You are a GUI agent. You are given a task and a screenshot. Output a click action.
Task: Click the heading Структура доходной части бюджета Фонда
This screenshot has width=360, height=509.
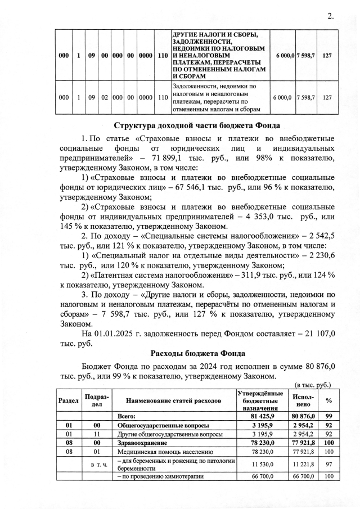197,125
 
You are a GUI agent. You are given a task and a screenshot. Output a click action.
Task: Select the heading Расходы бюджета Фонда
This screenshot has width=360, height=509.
197,354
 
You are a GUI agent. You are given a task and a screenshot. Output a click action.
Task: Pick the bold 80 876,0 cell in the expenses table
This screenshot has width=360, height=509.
302,416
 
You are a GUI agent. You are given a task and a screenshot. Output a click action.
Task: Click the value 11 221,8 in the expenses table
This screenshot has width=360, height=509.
302,464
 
